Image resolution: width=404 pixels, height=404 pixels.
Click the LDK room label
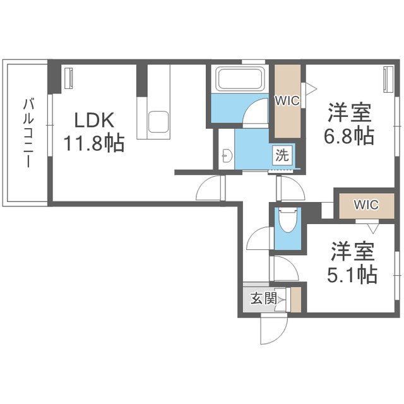(x=94, y=120)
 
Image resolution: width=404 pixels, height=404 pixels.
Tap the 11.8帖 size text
(x=94, y=143)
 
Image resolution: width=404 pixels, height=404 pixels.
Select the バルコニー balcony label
(x=28, y=133)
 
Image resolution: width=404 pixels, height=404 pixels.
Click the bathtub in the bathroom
(x=240, y=78)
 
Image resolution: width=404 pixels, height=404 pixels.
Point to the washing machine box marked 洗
(x=283, y=155)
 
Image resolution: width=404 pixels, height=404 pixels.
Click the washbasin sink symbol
(x=227, y=155)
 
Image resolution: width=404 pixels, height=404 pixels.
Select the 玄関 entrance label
(x=264, y=299)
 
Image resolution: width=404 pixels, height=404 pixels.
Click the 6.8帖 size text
(x=349, y=136)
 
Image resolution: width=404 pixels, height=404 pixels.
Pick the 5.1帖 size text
(x=352, y=275)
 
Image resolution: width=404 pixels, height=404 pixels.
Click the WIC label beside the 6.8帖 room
(x=287, y=100)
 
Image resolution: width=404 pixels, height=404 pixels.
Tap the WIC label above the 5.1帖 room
(x=366, y=205)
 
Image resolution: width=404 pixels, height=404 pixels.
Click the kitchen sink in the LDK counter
(x=158, y=122)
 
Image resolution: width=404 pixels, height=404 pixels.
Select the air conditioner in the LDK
(x=69, y=78)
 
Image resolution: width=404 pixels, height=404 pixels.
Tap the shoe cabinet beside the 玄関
(x=296, y=300)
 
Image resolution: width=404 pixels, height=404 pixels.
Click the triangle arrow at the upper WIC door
(x=311, y=90)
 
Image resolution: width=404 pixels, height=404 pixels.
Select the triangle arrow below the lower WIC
(x=373, y=229)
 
